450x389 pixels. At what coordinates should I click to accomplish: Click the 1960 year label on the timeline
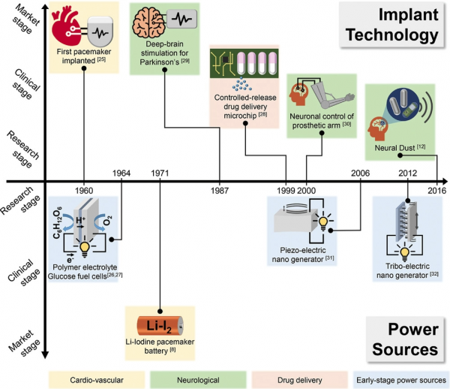[x=84, y=191]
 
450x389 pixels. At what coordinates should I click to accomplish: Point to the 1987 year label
[x=220, y=191]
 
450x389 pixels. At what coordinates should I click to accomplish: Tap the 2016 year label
[x=437, y=191]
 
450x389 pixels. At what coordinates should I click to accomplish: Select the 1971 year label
[x=160, y=173]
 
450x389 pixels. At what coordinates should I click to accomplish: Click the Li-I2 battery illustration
[x=160, y=326]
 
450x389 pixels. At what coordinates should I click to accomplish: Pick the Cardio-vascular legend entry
[x=97, y=380]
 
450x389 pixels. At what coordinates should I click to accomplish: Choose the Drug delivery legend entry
[x=299, y=380]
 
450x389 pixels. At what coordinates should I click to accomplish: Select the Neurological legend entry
[x=198, y=380]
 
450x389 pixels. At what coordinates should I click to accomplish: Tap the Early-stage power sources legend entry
[x=401, y=380]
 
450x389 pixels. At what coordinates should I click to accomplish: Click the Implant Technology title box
[x=392, y=25]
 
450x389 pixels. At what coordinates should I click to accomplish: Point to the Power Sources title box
[x=405, y=339]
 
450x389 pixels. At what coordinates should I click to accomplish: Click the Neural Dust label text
[x=394, y=148]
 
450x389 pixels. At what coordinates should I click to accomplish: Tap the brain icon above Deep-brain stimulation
[x=148, y=23]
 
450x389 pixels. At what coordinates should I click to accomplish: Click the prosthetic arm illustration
[x=333, y=94]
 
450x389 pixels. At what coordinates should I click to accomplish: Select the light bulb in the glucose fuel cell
[x=85, y=249]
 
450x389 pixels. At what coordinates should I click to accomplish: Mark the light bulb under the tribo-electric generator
[x=404, y=252]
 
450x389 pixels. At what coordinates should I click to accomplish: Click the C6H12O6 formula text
[x=58, y=222]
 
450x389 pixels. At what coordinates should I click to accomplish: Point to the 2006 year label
[x=361, y=173]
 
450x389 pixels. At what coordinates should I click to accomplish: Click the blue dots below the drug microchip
[x=241, y=84]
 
